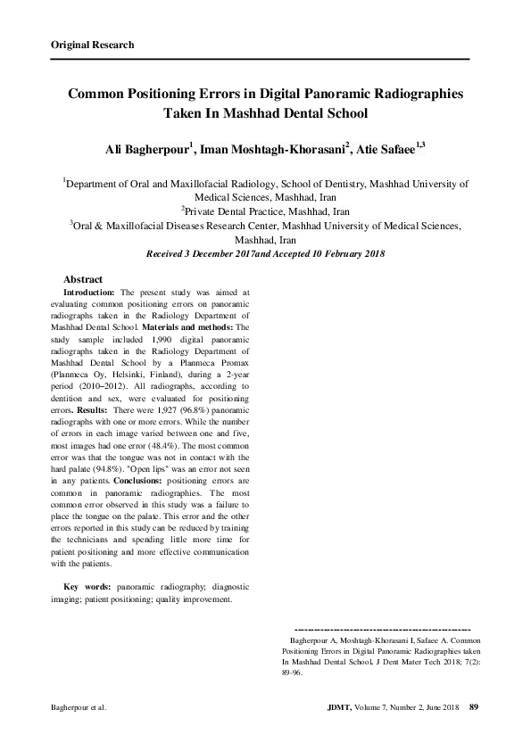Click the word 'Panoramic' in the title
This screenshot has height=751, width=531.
337,93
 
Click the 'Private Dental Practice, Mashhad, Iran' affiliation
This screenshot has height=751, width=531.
266,212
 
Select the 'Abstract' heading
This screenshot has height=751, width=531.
83,280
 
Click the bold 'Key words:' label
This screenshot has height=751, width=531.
87,588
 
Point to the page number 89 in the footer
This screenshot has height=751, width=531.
474,708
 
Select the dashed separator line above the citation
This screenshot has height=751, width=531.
381,630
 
